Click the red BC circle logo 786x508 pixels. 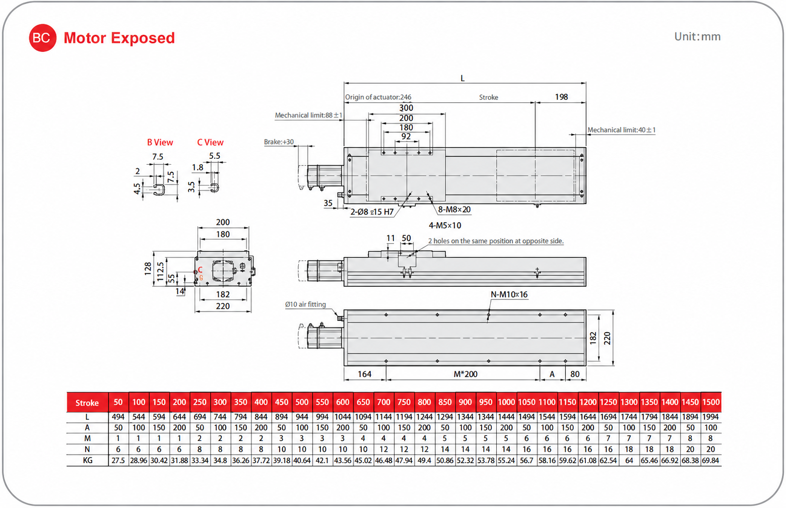pyautogui.click(x=42, y=38)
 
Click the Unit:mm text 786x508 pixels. pyautogui.click(x=697, y=37)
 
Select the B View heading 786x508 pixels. pyautogui.click(x=160, y=143)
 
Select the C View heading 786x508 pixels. pyautogui.click(x=210, y=143)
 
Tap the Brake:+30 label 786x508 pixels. pyautogui.click(x=279, y=142)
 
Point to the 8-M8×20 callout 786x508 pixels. pyautogui.click(x=454, y=210)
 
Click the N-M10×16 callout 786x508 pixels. pyautogui.click(x=509, y=294)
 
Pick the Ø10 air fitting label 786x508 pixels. pyautogui.click(x=305, y=304)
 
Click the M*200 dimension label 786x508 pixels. pyautogui.click(x=465, y=374)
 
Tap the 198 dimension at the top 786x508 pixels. pyautogui.click(x=561, y=97)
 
